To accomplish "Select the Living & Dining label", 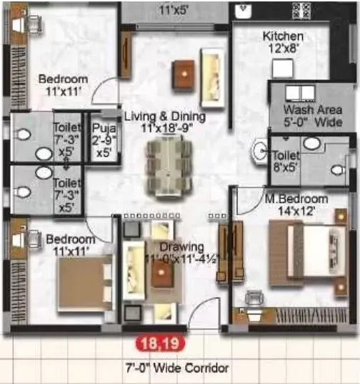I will click(x=164, y=122).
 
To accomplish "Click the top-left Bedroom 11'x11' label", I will click(x=64, y=84).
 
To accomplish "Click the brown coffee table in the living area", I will click(x=184, y=70).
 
